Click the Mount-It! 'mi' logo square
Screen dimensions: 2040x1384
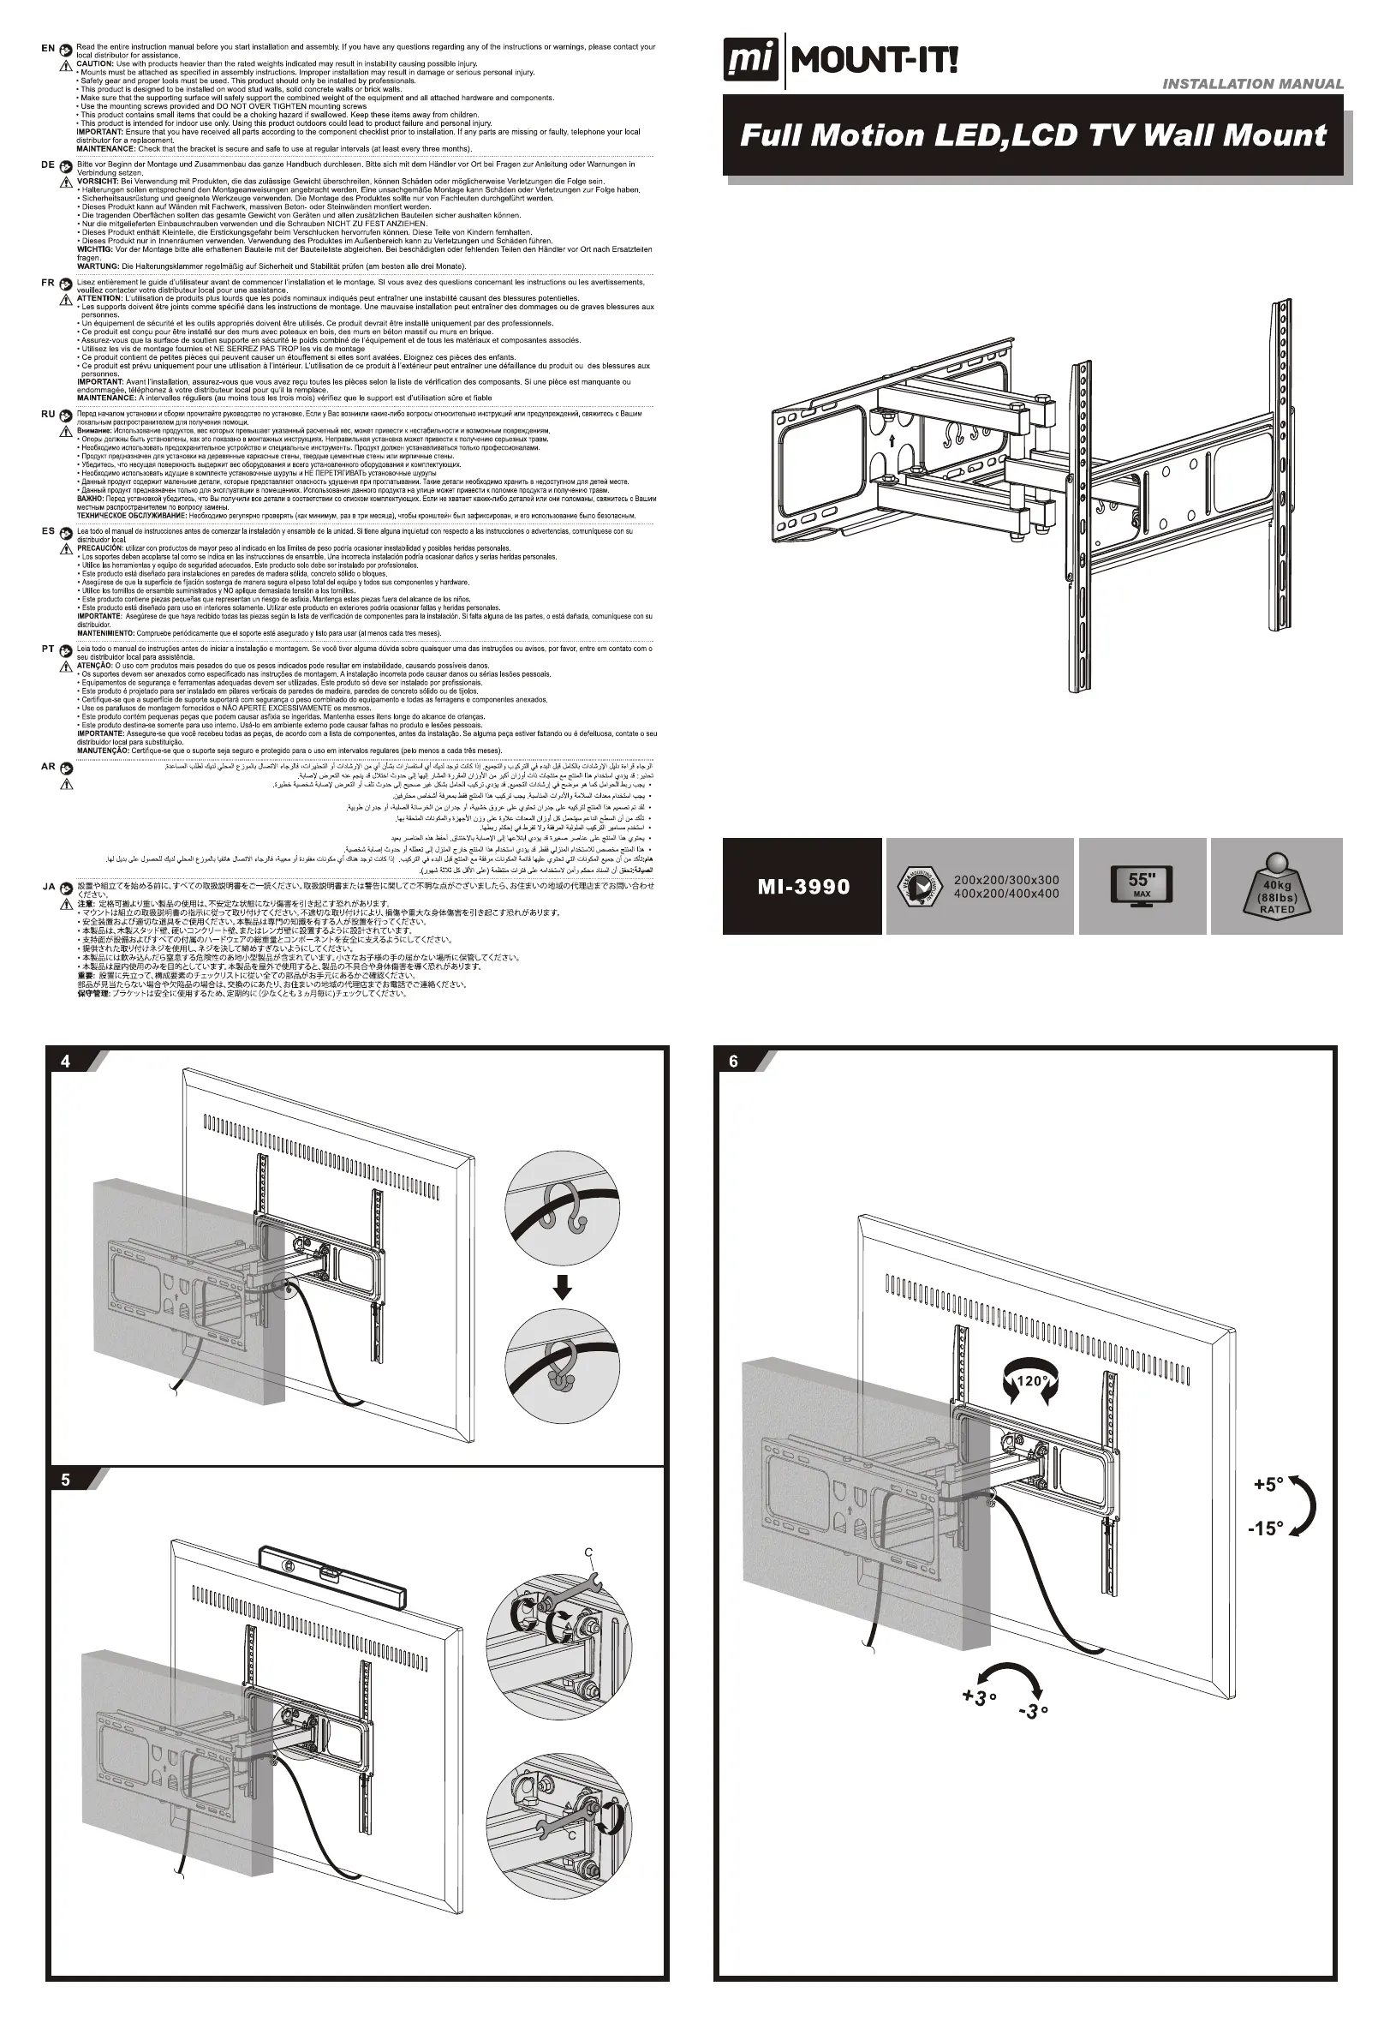click(750, 61)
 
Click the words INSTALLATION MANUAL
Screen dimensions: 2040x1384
click(1252, 84)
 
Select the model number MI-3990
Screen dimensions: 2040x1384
click(803, 887)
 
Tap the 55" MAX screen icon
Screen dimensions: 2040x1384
click(1141, 885)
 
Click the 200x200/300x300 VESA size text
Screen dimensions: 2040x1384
click(1005, 880)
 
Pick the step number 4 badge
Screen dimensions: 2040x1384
click(66, 1062)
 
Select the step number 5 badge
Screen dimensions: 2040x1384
click(66, 1480)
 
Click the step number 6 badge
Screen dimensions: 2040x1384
click(734, 1062)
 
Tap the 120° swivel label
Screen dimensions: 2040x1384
click(1031, 1381)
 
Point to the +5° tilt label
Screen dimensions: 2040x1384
click(1269, 1484)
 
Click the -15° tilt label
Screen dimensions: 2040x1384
click(1266, 1529)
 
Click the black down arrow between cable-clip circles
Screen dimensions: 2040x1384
click(563, 1288)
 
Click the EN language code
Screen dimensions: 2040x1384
click(48, 48)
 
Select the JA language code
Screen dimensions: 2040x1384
click(49, 887)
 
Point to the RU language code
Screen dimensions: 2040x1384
click(48, 414)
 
